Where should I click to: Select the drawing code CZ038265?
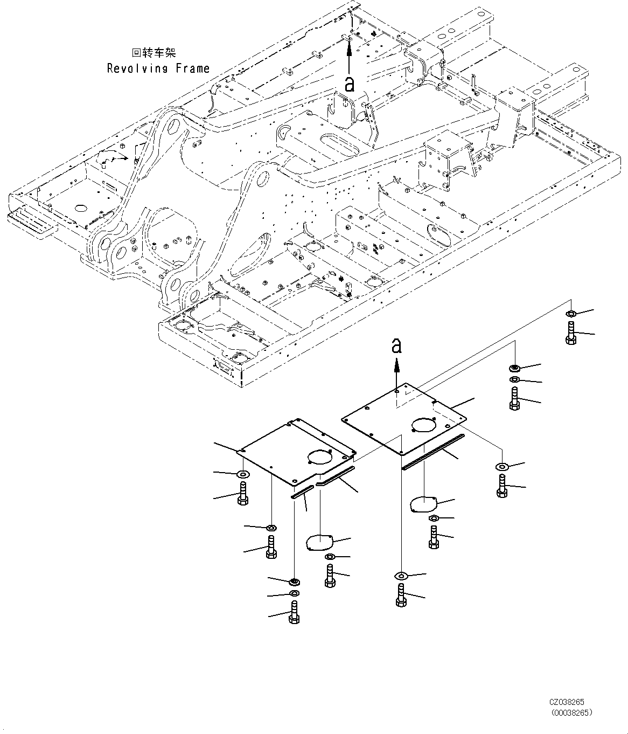tap(567, 703)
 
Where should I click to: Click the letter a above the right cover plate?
tap(396, 347)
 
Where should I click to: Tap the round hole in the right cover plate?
tap(423, 425)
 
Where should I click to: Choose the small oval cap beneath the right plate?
tap(423, 504)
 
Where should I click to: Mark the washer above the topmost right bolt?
tap(571, 314)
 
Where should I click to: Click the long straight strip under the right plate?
tap(433, 452)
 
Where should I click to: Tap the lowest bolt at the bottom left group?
tap(294, 613)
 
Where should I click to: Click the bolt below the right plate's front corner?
tap(401, 595)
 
